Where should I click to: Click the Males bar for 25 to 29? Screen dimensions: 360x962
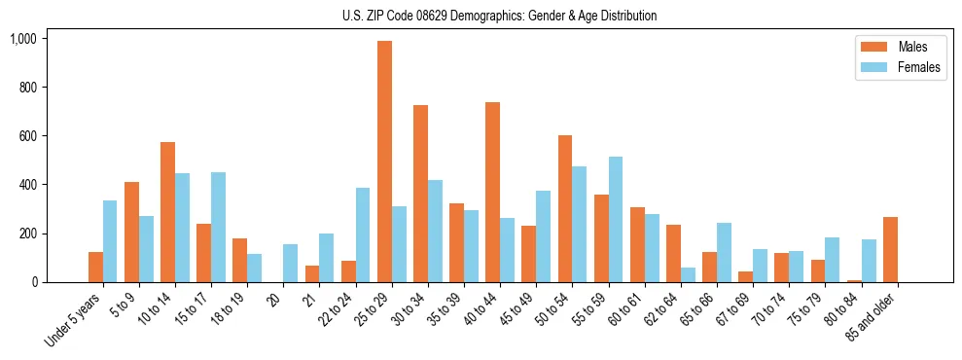[384, 162]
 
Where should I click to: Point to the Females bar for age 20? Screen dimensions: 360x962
[291, 264]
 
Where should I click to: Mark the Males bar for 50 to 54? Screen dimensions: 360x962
[565, 209]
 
